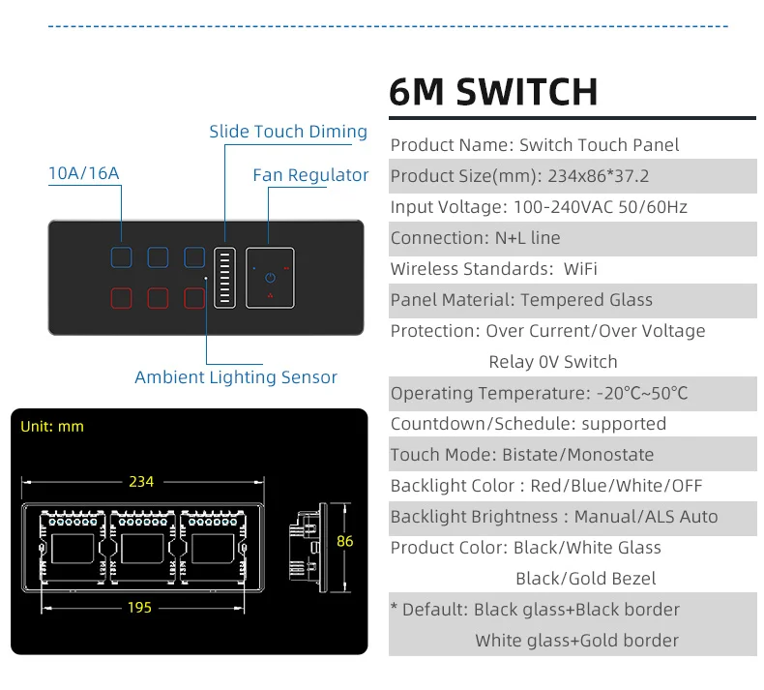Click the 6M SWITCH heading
[493, 92]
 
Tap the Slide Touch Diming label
[288, 132]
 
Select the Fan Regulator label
[310, 175]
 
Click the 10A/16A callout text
[84, 173]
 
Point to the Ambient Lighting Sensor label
[236, 377]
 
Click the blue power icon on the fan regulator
[270, 277]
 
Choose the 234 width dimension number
[141, 481]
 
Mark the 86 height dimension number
[345, 542]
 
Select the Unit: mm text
[52, 426]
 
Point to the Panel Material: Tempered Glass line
[521, 300]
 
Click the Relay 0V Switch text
[552, 362]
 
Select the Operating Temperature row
[540, 393]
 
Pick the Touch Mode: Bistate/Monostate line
[522, 455]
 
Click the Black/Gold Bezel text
[585, 579]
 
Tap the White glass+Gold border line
[576, 641]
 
